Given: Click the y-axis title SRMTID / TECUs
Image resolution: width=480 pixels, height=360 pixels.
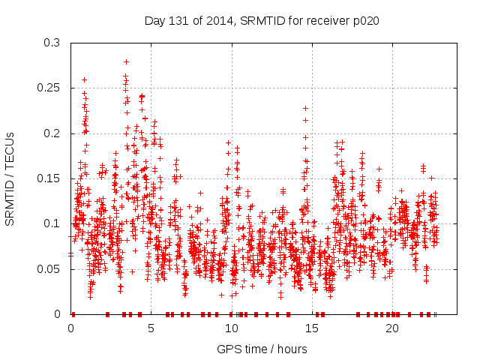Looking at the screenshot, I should coord(10,178).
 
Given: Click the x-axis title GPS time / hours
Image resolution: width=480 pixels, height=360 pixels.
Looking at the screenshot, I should coord(262,349).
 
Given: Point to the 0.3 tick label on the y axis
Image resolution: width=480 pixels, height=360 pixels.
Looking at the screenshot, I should coord(52,43).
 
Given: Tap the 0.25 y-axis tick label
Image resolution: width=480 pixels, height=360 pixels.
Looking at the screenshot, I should coord(49,88).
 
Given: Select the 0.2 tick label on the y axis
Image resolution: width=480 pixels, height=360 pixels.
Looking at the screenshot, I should coord(52,133).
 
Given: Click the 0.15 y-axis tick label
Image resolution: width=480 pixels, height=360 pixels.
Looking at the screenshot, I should coord(49,178).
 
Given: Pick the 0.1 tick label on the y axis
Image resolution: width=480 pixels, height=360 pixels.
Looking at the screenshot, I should coord(52,223).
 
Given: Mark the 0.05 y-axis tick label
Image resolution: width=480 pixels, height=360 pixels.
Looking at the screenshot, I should coord(49,268).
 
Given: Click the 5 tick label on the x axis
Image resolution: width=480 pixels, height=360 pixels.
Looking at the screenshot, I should coord(151,328).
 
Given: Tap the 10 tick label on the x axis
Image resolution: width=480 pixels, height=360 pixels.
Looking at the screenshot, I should coord(231,328).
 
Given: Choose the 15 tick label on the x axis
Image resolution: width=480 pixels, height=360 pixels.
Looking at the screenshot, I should coord(311,328).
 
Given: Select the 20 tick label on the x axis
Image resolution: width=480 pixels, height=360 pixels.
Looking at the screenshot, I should coord(391,328).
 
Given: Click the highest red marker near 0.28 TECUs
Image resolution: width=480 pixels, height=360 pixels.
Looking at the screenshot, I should coord(126,61).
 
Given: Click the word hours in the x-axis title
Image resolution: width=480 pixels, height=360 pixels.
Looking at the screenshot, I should coord(292,349).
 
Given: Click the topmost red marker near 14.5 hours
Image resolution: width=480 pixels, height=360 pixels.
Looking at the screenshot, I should coord(305,108).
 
